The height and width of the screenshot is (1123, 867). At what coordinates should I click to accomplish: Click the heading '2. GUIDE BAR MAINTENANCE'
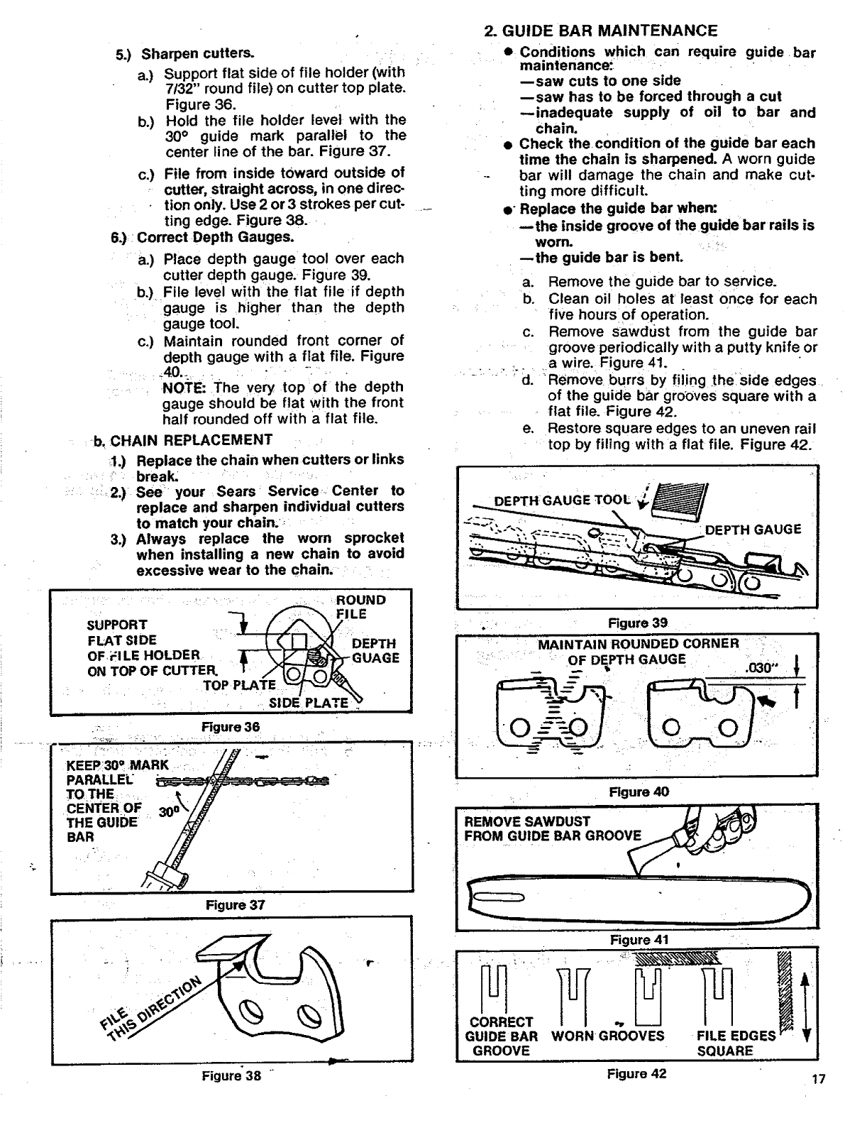600,31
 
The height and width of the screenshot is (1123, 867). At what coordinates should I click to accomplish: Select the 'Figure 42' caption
637,1073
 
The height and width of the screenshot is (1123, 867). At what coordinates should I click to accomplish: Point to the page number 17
819,1080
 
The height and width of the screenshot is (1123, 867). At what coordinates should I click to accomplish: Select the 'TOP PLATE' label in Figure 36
239,685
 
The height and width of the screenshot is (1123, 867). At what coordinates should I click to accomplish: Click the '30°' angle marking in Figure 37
168,812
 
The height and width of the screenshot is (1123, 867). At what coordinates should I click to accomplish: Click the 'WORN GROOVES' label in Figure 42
607,1036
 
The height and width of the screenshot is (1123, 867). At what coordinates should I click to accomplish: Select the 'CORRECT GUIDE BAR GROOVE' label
502,1036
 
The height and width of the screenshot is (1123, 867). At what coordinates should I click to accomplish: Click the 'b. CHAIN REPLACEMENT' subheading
183,440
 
